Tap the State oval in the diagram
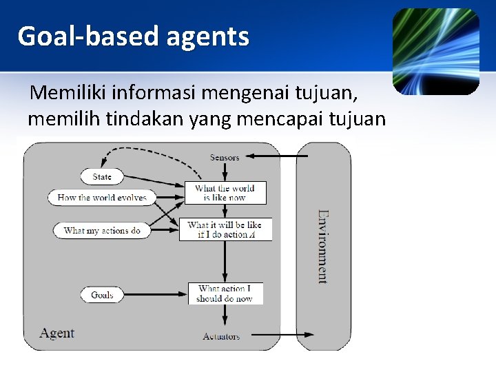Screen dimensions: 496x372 [102, 177]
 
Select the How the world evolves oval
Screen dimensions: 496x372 [102, 198]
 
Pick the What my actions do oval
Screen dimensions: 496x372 [102, 231]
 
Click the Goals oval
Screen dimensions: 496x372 [102, 295]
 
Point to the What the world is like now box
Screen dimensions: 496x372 [225, 193]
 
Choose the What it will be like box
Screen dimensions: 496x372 [225, 229]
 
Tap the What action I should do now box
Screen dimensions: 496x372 [225, 294]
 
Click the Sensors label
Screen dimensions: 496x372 [225, 157]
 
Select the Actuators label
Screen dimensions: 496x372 [222, 336]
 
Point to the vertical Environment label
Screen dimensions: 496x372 [322, 246]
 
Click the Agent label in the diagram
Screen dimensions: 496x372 [57, 333]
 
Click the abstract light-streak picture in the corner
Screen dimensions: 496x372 [436, 51]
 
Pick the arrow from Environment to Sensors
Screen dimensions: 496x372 [276, 156]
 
